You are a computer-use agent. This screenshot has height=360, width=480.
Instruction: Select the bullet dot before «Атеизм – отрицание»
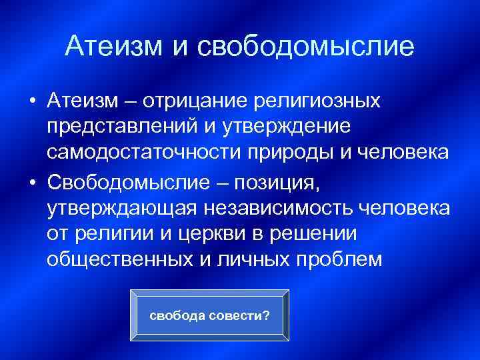32,101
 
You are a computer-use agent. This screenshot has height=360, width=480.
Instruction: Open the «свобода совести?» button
209,314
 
